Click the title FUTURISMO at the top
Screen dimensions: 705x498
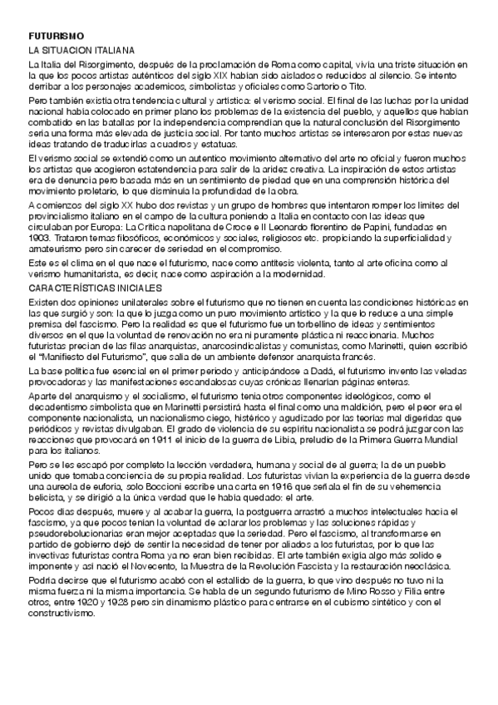coord(52,37)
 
